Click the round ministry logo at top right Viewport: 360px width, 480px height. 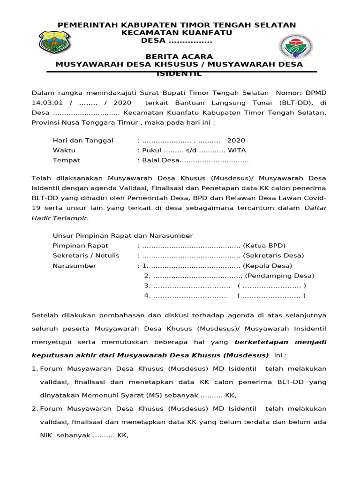click(296, 47)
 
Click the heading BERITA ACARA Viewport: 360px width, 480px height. click(179, 57)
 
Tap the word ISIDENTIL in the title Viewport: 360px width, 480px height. click(179, 74)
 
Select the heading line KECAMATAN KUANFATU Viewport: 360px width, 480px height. click(177, 33)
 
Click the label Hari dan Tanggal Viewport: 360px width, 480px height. click(83, 141)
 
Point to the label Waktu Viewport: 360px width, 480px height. click(64, 150)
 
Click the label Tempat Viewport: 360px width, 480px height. click(66, 160)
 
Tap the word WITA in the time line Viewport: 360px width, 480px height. click(237, 150)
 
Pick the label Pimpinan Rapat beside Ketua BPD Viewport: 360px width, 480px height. click(81, 246)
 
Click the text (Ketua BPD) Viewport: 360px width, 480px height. click(264, 246)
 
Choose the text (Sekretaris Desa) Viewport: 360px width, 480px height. click(273, 255)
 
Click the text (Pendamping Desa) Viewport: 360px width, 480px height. click(279, 276)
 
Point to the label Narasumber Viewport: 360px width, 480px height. click(75, 266)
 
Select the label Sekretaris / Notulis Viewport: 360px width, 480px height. click(86, 255)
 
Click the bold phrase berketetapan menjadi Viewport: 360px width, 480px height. click(280, 342)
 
